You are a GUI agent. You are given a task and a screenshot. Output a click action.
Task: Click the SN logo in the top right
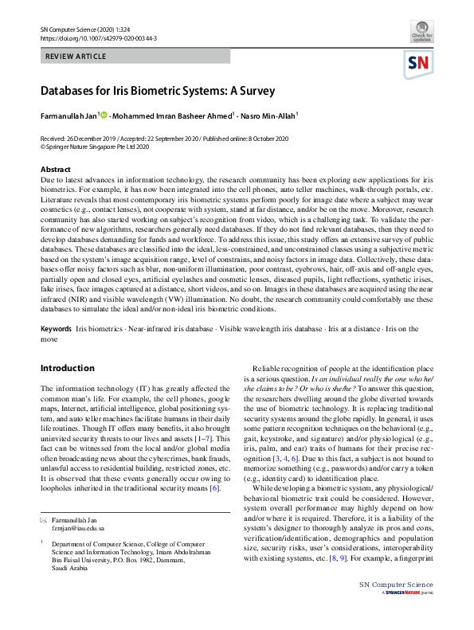(x=419, y=64)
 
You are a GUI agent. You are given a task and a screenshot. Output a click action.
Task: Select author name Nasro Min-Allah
(x=268, y=116)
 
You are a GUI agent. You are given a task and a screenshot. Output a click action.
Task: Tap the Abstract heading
(x=56, y=170)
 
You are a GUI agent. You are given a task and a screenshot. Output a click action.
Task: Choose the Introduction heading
(x=67, y=368)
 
